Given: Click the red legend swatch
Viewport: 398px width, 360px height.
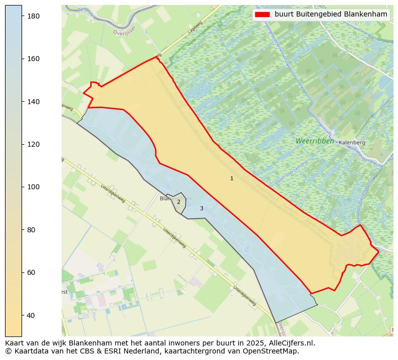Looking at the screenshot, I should pyautogui.click(x=262, y=15).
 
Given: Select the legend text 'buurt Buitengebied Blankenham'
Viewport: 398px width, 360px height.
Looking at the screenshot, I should pyautogui.click(x=331, y=15).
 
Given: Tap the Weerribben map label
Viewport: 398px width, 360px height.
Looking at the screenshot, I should pyautogui.click(x=314, y=141).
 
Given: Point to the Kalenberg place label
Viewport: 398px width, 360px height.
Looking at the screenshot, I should pyautogui.click(x=352, y=143).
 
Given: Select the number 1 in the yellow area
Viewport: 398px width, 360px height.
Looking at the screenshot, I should pyautogui.click(x=232, y=179).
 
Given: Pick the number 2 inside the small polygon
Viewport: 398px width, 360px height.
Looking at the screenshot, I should pyautogui.click(x=178, y=202).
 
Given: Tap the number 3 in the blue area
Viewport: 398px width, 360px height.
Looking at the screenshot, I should pyautogui.click(x=202, y=208).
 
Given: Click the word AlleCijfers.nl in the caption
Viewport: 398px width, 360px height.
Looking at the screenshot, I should pyautogui.click(x=292, y=343).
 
